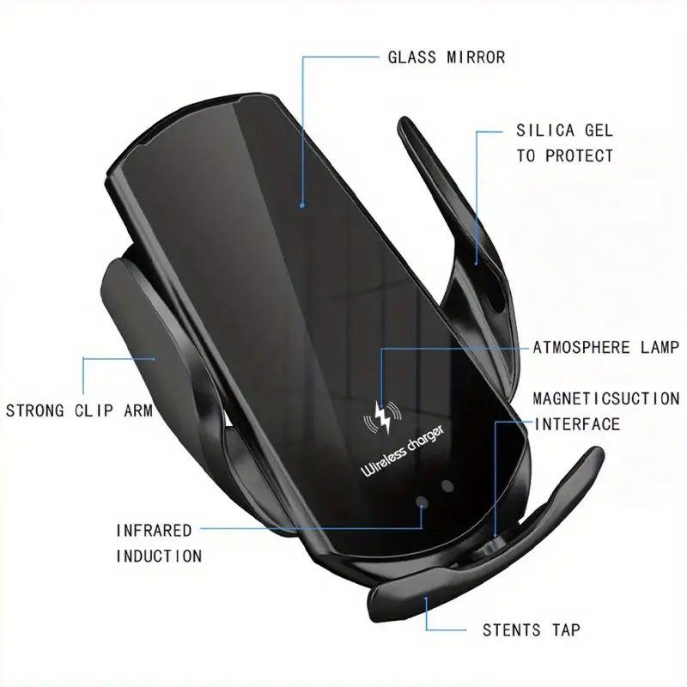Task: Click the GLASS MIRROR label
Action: tap(446, 58)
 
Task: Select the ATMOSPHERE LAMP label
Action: tap(606, 348)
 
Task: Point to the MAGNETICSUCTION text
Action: tap(606, 398)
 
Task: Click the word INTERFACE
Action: tap(577, 424)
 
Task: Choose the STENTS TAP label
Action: tap(531, 630)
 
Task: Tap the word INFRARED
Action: tap(154, 530)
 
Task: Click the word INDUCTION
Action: tap(159, 556)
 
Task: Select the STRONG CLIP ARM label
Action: tap(79, 410)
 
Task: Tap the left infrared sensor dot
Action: tap(423, 503)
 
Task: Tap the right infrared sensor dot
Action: tap(447, 485)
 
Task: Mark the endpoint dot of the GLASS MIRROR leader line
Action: tap(302, 205)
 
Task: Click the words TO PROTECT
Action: tap(565, 155)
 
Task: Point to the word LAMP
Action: tap(659, 348)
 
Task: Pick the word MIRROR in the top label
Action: tap(474, 58)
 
